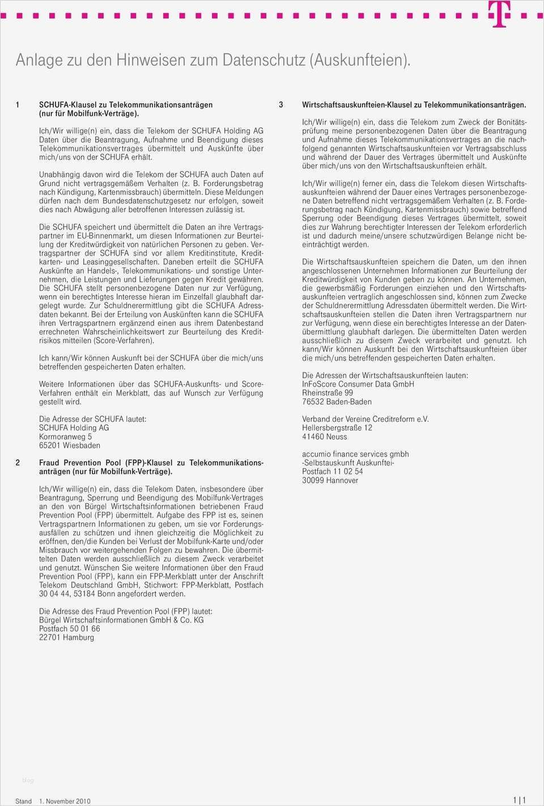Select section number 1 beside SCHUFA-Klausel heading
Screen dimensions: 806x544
[18, 105]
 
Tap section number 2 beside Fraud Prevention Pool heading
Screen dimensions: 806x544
[18, 463]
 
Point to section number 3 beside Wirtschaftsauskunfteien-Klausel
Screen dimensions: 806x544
[280, 105]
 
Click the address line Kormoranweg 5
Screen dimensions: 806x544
[65, 436]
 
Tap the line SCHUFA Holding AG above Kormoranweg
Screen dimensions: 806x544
[74, 428]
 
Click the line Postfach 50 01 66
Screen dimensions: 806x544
[69, 629]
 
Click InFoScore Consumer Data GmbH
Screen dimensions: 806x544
[358, 384]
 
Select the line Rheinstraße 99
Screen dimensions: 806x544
[327, 393]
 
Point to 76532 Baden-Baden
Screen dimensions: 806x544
[337, 402]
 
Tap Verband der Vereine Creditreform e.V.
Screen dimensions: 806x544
[365, 419]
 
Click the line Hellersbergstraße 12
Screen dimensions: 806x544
[337, 428]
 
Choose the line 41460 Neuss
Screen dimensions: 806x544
[324, 436]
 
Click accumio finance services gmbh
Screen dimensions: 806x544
[355, 454]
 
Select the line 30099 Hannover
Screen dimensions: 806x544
[330, 480]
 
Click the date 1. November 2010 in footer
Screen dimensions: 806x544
[65, 801]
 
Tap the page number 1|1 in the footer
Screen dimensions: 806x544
[519, 800]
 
